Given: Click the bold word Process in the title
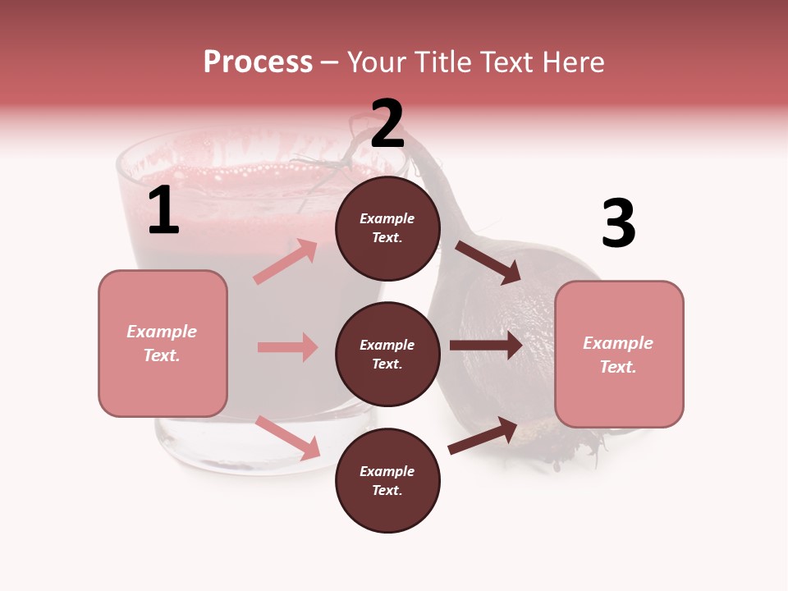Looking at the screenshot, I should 258,62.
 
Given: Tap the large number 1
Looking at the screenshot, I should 163,211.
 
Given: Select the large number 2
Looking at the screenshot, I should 387,125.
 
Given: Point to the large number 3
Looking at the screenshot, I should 618,224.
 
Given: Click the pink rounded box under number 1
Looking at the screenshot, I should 163,343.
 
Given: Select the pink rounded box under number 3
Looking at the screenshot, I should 619,355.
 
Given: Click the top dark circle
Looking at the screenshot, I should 387,228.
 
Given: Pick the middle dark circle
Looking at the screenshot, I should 387,354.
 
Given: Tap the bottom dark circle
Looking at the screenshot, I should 387,480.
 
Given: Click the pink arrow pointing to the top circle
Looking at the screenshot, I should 286,261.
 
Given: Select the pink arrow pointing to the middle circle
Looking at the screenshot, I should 287,347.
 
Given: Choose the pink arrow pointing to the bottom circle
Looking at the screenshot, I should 287,438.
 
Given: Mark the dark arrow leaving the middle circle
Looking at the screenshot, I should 486,345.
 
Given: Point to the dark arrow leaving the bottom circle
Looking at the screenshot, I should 483,436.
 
